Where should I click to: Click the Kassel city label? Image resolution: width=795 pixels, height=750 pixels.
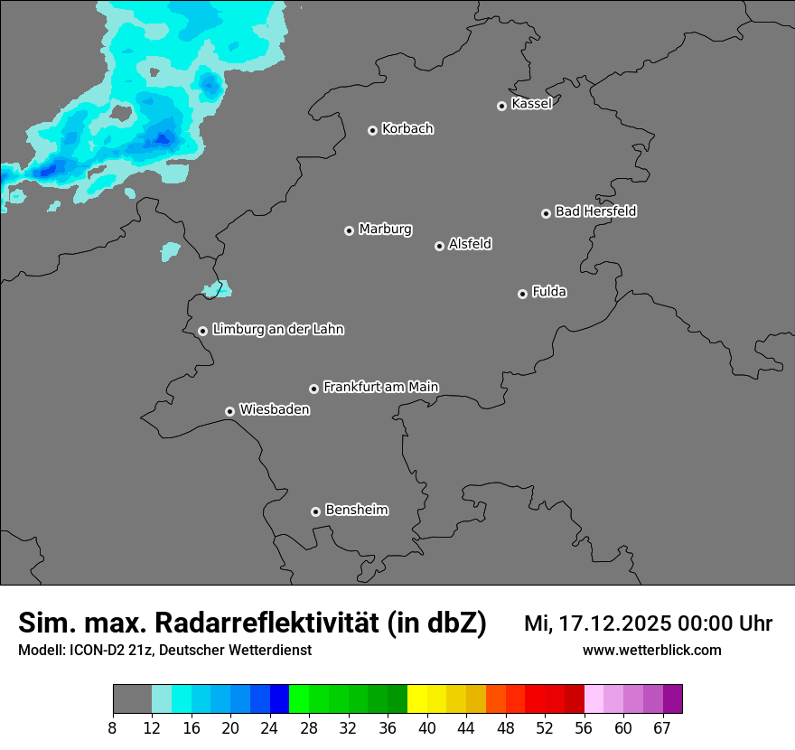click(x=531, y=104)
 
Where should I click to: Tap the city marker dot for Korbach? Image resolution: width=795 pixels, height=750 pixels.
click(x=372, y=130)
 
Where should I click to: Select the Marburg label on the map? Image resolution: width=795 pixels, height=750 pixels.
click(x=385, y=230)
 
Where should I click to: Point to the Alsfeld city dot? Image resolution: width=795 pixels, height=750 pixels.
click(x=439, y=246)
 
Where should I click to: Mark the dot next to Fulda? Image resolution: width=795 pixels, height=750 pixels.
click(x=522, y=294)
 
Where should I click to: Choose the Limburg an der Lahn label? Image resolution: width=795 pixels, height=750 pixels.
click(x=277, y=330)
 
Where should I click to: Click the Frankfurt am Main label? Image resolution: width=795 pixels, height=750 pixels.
click(x=380, y=387)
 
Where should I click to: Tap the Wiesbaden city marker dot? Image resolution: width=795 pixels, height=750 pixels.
click(x=229, y=411)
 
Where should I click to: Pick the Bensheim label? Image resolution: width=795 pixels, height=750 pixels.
click(x=356, y=510)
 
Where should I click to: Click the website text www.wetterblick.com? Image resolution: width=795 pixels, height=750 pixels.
click(x=651, y=650)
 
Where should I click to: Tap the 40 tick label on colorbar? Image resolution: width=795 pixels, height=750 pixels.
click(x=427, y=728)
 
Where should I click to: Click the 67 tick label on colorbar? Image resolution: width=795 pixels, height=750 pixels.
click(x=662, y=728)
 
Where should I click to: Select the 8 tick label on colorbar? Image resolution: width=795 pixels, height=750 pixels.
click(x=113, y=728)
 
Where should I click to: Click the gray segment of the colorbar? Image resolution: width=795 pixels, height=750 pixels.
click(x=132, y=699)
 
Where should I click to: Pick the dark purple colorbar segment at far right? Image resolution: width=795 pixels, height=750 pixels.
click(x=673, y=699)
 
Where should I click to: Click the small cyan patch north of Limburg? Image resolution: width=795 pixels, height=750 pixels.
click(x=217, y=289)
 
